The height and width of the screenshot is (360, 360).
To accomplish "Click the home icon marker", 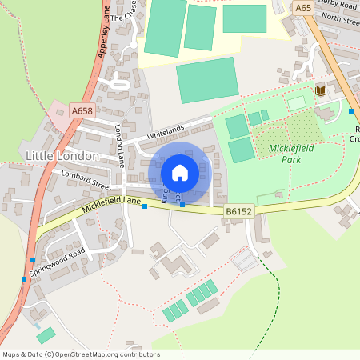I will (x=180, y=172).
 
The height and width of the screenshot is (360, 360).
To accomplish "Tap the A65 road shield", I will (x=302, y=7).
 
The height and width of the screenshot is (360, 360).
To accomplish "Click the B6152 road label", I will (x=238, y=211).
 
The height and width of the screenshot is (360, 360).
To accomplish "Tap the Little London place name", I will (x=62, y=155).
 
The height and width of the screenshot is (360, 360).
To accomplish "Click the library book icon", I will (x=321, y=91).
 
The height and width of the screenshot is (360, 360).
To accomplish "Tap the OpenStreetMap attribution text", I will (x=80, y=354).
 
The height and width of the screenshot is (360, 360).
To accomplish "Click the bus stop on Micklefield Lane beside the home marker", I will (x=182, y=206).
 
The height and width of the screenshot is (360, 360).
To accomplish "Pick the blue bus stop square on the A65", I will (x=351, y=110).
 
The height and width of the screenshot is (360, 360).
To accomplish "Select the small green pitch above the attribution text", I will (x=46, y=334).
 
